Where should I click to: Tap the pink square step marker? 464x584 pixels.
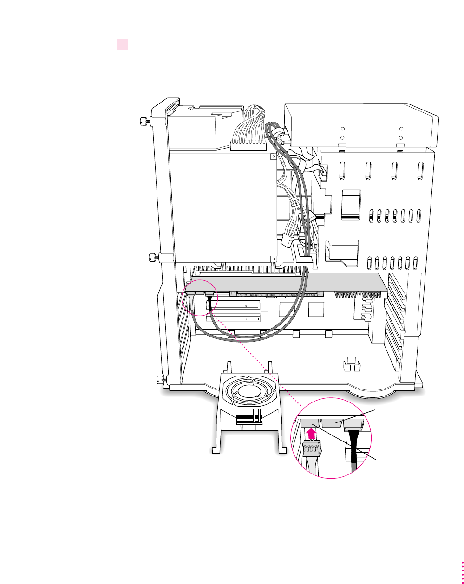(x=122, y=45)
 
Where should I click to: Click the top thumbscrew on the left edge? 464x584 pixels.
(x=144, y=122)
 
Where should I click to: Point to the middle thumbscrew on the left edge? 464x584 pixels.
(x=152, y=257)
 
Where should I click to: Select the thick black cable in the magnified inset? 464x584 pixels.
(x=354, y=450)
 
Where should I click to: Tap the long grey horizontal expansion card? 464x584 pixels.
(x=288, y=284)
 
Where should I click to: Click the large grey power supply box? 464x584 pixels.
(x=221, y=204)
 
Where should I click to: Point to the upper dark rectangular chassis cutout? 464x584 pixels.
(x=351, y=204)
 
